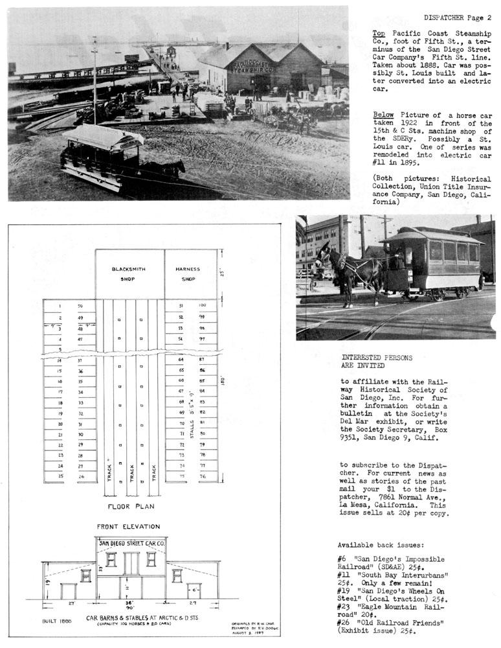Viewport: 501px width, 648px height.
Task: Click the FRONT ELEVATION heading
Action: (x=128, y=527)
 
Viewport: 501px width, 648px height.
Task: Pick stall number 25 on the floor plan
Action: (x=60, y=476)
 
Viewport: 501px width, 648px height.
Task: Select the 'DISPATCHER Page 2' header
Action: (x=458, y=17)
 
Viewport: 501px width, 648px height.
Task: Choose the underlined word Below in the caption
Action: (x=383, y=115)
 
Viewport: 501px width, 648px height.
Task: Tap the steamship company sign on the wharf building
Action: (x=254, y=67)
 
